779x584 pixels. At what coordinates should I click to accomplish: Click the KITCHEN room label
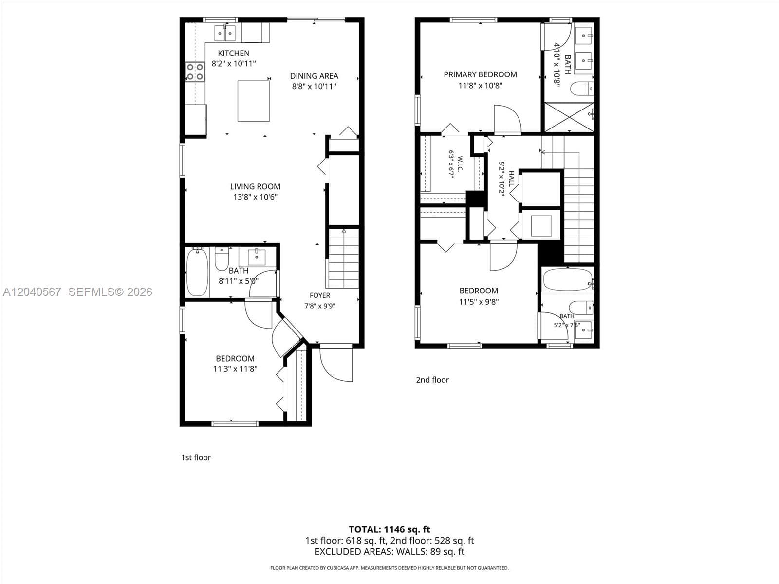tap(234, 53)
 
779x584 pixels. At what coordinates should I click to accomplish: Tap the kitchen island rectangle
tap(253, 101)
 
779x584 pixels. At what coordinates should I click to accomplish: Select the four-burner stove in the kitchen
tap(195, 72)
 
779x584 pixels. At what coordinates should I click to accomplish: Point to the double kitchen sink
tap(224, 33)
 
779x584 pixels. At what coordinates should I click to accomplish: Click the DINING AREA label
tap(314, 76)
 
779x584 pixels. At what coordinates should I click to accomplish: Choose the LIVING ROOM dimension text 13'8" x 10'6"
tap(255, 197)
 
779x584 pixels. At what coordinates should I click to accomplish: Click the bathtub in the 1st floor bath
tap(197, 272)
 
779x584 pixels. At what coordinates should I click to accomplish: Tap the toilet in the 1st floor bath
tap(222, 259)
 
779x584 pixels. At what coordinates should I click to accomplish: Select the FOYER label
tap(320, 295)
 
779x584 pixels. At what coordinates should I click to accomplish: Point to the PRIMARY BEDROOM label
tap(480, 74)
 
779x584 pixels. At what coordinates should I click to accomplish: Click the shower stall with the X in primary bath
tap(569, 117)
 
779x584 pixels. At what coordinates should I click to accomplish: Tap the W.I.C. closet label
tap(460, 164)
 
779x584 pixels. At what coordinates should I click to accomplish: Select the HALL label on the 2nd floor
tap(511, 179)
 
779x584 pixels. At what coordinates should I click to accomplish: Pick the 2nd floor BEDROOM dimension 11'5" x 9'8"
tap(479, 302)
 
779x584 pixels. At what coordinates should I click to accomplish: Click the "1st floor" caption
tap(196, 457)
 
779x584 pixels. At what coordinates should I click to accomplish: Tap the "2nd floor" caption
tap(432, 380)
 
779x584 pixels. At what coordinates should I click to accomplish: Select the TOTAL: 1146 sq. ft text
tap(389, 529)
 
